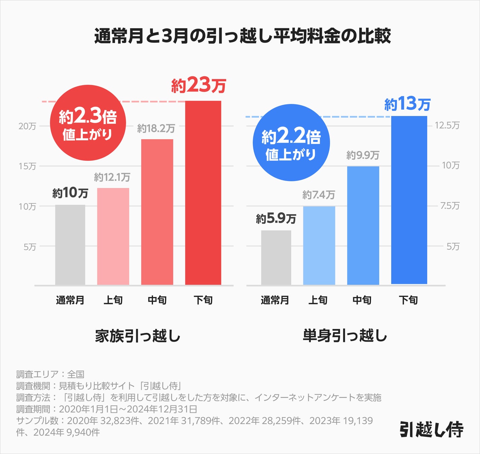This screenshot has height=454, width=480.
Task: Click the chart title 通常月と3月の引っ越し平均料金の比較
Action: [242, 36]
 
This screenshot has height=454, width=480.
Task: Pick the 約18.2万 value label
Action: [156, 128]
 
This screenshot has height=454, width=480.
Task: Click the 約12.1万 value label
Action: [112, 177]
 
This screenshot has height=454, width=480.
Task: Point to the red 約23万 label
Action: [198, 85]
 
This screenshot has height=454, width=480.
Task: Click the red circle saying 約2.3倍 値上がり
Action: [88, 123]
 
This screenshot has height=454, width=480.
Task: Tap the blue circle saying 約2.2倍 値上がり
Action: [291, 143]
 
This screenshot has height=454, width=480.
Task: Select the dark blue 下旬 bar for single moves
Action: [409, 200]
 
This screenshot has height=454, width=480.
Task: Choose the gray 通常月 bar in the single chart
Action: [276, 258]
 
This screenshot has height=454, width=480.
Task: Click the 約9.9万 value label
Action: [363, 155]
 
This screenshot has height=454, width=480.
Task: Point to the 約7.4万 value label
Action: [319, 195]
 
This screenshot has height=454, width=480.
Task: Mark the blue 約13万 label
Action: [407, 104]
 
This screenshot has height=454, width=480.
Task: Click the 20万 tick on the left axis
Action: [27, 126]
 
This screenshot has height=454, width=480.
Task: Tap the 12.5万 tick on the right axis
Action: [447, 125]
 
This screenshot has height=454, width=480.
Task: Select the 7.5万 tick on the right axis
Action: [450, 206]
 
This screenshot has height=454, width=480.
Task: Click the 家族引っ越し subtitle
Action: [138, 336]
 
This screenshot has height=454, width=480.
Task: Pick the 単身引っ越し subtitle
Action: [345, 336]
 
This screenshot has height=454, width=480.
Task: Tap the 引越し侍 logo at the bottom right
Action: [431, 429]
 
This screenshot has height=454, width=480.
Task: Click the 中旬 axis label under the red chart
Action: [157, 300]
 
